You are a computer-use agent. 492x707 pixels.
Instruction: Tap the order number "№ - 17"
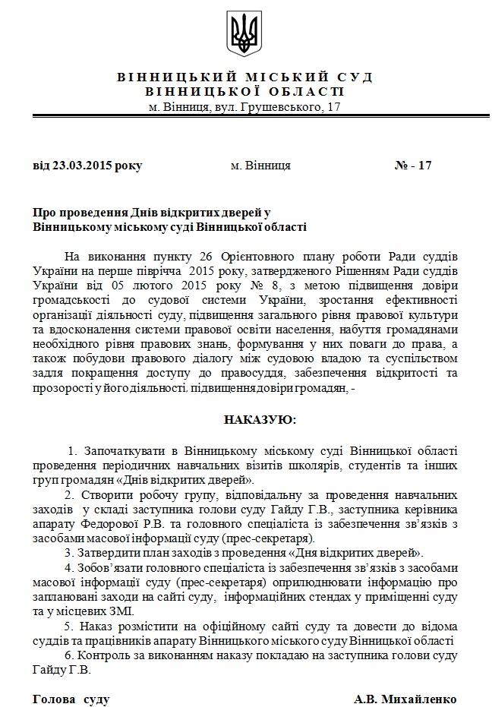tap(414, 165)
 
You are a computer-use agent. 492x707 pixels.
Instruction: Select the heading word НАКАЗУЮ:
tap(260, 419)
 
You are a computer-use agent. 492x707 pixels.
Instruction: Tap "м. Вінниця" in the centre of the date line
tap(260, 165)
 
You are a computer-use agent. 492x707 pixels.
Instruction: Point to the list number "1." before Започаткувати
tap(74, 452)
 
